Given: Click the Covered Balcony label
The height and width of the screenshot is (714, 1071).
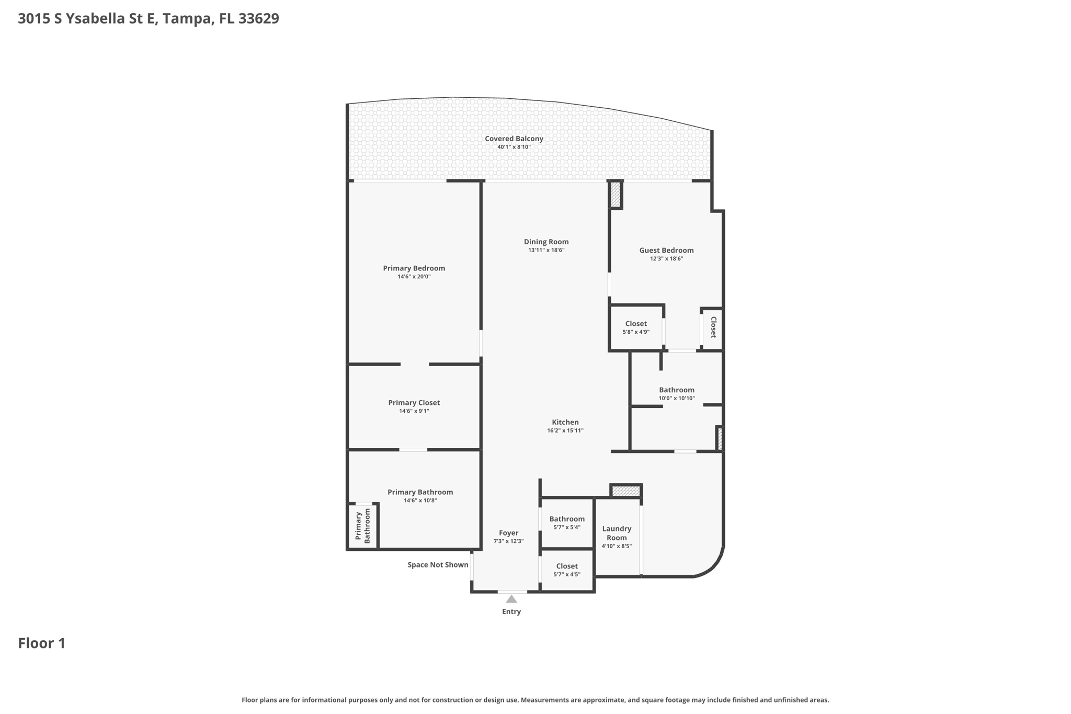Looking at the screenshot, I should (514, 139).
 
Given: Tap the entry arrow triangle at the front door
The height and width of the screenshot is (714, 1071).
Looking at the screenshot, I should (511, 599).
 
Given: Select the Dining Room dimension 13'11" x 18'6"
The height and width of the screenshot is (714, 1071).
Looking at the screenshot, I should (546, 251).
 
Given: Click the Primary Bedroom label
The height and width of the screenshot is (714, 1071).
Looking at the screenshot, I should (414, 268).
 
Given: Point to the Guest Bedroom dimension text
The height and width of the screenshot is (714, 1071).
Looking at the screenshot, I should (666, 259).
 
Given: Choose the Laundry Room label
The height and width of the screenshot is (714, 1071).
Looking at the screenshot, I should (617, 533).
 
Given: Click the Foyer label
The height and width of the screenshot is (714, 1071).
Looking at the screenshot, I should (508, 533).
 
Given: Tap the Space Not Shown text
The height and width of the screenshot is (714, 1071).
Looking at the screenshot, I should (438, 565).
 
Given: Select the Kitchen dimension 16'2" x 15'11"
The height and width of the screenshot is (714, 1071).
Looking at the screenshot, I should (565, 431).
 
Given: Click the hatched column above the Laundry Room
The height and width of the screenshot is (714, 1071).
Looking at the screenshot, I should (626, 491).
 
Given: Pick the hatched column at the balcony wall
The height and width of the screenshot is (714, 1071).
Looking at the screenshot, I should (616, 195).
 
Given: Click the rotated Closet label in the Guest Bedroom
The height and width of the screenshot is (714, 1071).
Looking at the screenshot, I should (713, 327).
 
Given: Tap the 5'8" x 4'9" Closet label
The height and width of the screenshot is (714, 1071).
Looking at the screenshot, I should (636, 324).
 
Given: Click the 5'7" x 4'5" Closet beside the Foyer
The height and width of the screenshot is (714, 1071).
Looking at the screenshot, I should (567, 566).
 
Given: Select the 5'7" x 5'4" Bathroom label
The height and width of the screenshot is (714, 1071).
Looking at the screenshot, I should (567, 519).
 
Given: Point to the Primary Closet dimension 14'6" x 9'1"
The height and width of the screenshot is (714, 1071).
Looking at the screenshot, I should (414, 412).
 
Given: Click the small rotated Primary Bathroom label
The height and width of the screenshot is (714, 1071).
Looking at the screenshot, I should (362, 526).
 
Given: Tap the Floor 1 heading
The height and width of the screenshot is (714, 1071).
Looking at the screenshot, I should (42, 643).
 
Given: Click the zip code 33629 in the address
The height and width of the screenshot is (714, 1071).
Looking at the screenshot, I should (259, 19).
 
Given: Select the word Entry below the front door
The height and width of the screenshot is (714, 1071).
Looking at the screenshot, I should (511, 611).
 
